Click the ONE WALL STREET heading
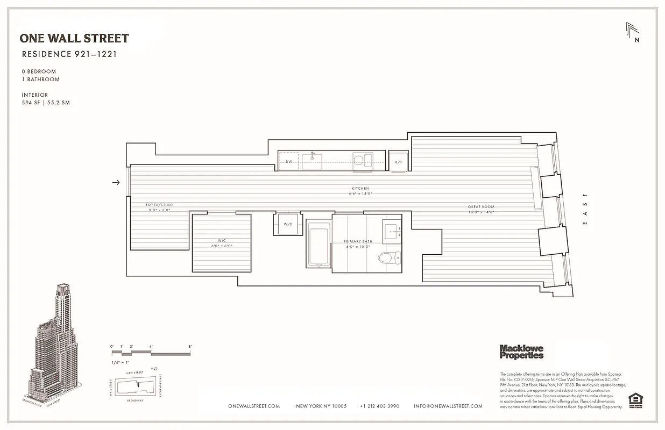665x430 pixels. click(x=74, y=38)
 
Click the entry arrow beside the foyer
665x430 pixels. click(x=116, y=183)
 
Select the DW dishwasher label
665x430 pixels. click(x=289, y=161)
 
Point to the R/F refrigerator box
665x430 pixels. click(x=399, y=162)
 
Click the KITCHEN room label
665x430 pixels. click(x=360, y=189)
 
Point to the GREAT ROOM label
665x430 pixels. click(x=481, y=207)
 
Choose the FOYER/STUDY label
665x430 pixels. click(x=160, y=205)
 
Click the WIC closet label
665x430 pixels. click(x=221, y=241)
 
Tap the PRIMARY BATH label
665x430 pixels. click(x=359, y=242)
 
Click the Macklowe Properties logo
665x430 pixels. click(x=521, y=352)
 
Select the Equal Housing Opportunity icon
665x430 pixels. click(x=635, y=400)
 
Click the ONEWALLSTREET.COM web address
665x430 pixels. click(x=254, y=406)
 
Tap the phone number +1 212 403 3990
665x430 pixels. click(x=380, y=406)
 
